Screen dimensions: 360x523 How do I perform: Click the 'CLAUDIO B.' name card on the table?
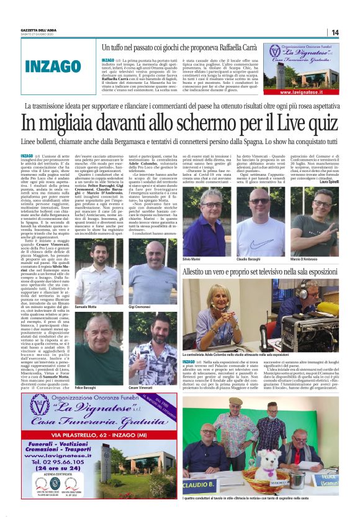click(199, 481)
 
